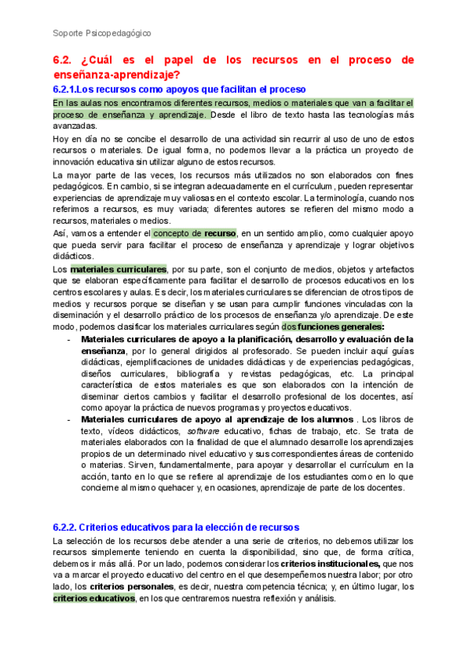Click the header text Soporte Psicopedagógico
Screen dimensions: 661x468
[x=101, y=34]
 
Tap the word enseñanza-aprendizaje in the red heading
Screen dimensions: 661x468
[x=116, y=75]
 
